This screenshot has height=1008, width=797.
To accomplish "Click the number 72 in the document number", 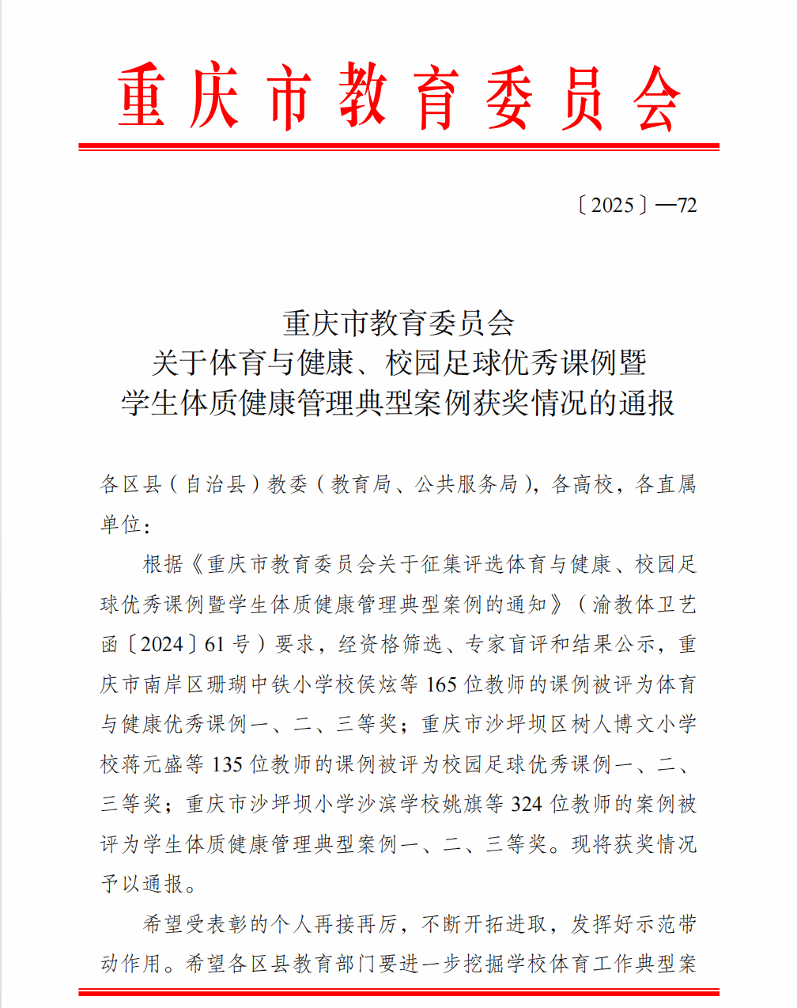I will (687, 206).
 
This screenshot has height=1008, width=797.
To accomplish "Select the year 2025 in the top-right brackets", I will (613, 206).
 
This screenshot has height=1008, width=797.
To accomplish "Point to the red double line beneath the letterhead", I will (398, 146).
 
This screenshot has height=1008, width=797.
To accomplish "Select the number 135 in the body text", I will (228, 764).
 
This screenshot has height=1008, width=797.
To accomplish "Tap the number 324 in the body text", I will (527, 804).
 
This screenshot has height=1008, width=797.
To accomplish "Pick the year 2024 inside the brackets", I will (162, 645).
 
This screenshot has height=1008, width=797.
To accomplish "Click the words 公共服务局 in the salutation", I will (466, 484).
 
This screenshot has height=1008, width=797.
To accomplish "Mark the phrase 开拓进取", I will (506, 924).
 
